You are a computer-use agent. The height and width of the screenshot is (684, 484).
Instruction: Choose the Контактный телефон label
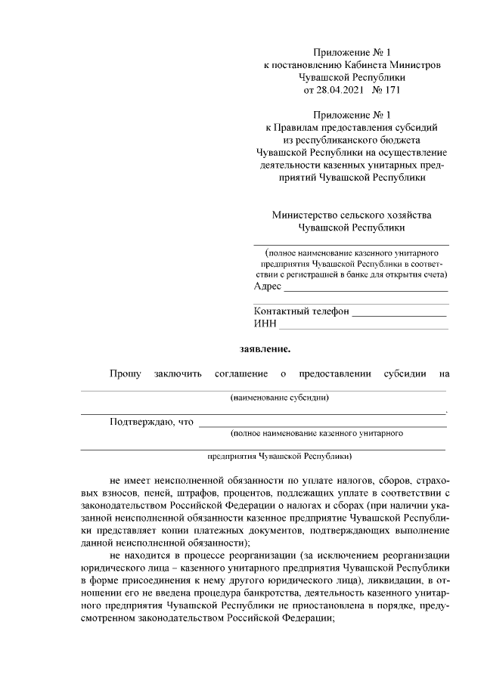301,311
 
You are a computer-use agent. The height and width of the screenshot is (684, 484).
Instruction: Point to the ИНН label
265,324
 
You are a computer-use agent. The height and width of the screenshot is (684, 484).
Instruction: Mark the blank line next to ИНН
363,327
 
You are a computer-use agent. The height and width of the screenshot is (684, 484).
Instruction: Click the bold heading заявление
265,349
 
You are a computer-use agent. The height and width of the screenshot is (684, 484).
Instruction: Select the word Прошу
125,373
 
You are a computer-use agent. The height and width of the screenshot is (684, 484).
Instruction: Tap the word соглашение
241,373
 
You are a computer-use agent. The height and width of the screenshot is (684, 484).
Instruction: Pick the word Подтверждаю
141,421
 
